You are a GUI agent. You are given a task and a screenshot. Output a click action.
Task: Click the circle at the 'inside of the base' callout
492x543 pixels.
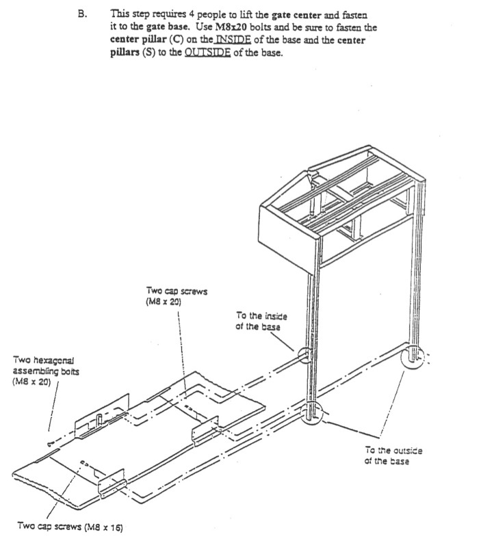[x=305, y=356]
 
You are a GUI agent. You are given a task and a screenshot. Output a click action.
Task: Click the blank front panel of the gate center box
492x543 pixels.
[x=287, y=231]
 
